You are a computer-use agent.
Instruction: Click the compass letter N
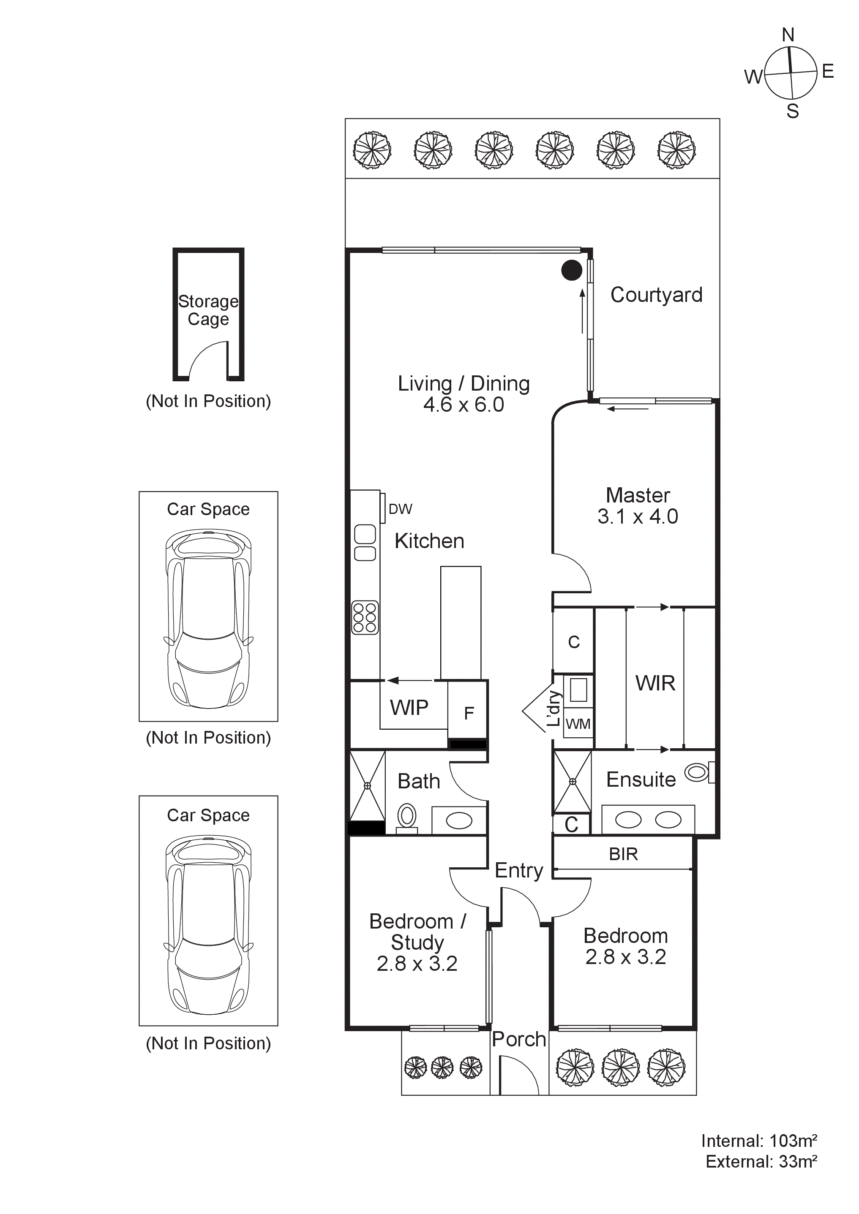pos(788,35)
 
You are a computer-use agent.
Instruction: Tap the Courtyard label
pos(657,295)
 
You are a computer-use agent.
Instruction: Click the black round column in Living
pos(571,270)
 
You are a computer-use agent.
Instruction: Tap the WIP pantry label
pos(409,707)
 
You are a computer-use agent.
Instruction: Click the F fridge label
pos(469,713)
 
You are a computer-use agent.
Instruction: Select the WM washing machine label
pos(578,724)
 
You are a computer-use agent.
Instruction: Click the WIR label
pos(655,683)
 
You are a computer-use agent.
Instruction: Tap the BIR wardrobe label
pos(623,854)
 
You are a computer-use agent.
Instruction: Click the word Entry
pos(519,871)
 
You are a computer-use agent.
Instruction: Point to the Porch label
pos(518,1039)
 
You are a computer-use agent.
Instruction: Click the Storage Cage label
pos(208,310)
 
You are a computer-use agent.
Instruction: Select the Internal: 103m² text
pos(759,1141)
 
